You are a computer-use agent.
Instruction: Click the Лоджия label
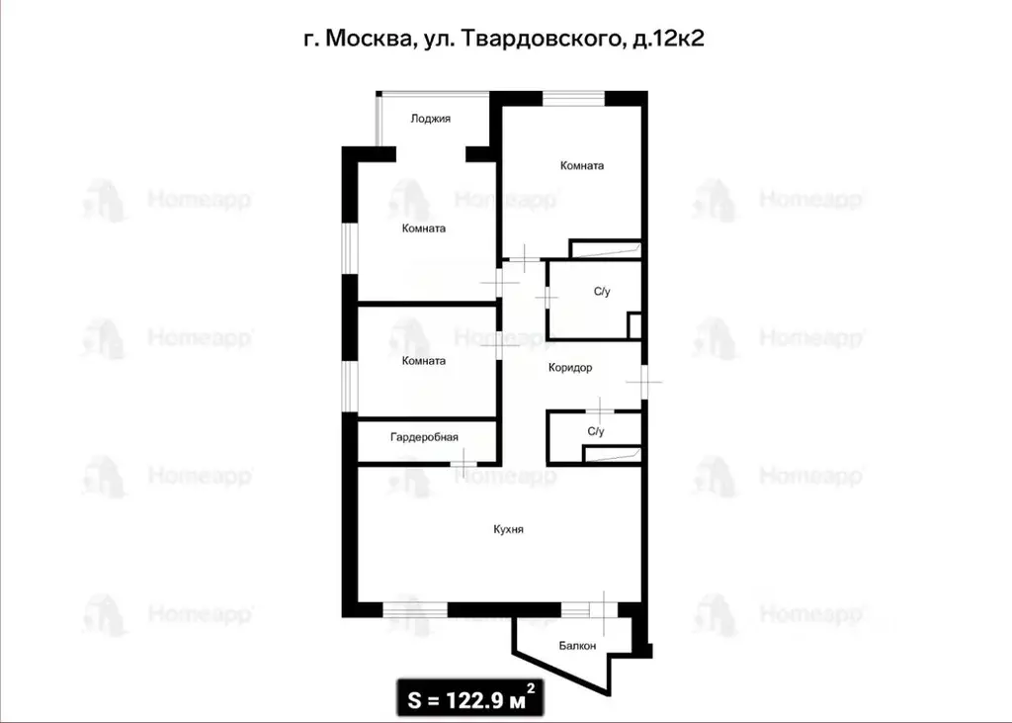point(431,119)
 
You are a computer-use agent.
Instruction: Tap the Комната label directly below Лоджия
point(424,228)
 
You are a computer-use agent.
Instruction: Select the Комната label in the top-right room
point(581,166)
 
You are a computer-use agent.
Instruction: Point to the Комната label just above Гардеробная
point(424,361)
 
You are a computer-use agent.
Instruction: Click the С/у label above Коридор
point(602,292)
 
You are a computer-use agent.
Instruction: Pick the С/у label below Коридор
point(596,431)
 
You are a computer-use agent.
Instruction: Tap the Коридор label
point(570,368)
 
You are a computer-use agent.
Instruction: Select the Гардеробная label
point(424,436)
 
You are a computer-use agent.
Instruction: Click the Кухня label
point(508,530)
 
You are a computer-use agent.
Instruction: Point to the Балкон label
point(577,646)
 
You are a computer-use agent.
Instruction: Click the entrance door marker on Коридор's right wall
point(643,381)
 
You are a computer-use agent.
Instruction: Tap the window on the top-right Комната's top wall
point(573,96)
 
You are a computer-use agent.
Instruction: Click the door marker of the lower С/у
point(600,407)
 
